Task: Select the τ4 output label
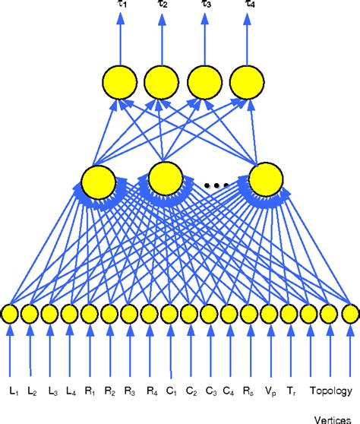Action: tap(250, 5)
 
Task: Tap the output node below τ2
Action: tap(161, 81)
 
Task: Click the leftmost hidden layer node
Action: tap(98, 181)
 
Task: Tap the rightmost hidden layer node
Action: tap(266, 180)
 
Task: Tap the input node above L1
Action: tap(10, 313)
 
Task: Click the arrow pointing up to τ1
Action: tap(119, 38)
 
